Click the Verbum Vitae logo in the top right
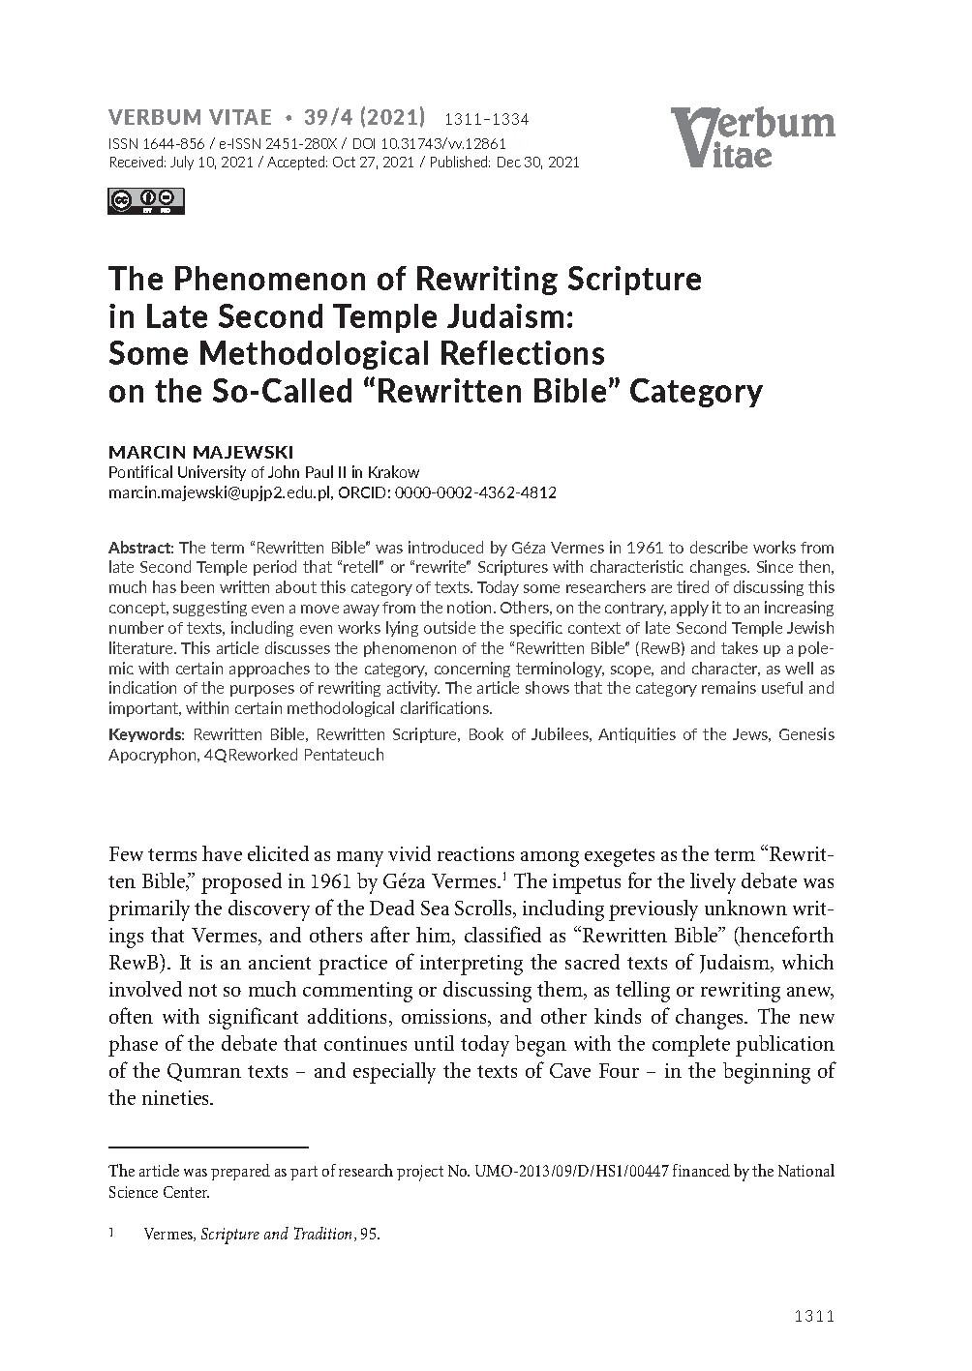point(751,136)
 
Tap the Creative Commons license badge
point(146,200)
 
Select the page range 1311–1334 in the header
point(485,120)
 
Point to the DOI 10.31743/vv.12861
point(440,143)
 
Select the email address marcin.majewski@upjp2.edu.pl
point(220,492)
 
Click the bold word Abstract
point(141,548)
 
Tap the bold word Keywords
point(145,734)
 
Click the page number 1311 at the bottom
point(813,1316)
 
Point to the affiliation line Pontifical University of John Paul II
point(263,473)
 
